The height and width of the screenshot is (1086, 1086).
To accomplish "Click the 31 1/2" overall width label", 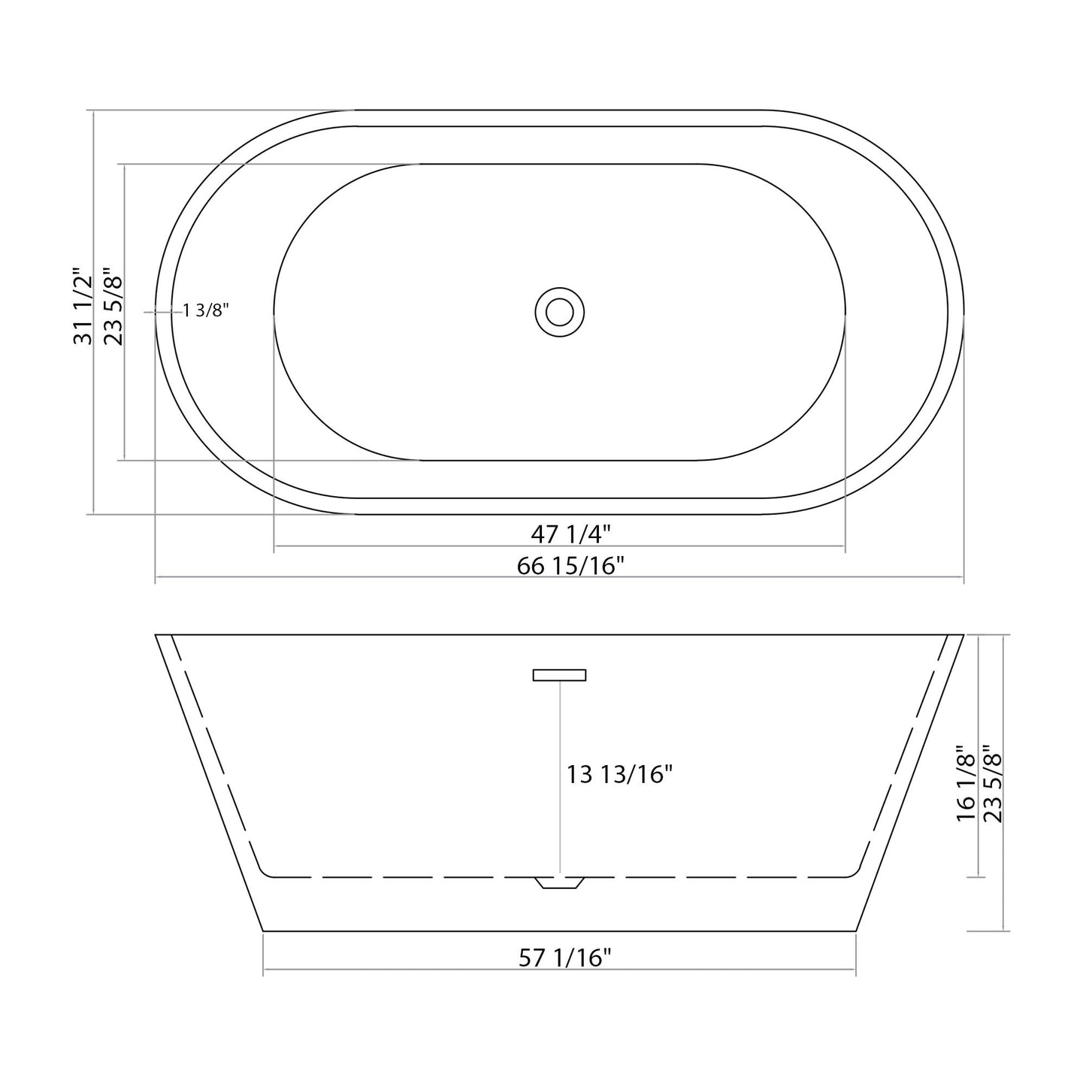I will (x=82, y=306).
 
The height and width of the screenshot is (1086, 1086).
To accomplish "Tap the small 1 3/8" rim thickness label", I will (x=205, y=310).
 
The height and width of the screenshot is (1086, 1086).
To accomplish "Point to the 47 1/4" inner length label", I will (x=570, y=534).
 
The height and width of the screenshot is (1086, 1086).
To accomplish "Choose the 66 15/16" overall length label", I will (x=570, y=565).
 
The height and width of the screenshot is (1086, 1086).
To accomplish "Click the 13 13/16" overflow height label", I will (x=619, y=774).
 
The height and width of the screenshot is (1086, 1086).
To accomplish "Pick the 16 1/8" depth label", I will (x=965, y=783).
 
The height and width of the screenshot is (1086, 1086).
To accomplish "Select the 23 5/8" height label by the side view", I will (x=993, y=783).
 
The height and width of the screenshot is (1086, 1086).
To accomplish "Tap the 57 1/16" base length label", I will (x=565, y=957).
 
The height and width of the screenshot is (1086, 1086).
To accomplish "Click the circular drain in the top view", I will (x=560, y=311).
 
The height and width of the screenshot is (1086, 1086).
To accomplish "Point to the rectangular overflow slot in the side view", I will (x=559, y=675).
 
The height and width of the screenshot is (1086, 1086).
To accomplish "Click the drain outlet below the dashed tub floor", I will (x=560, y=883).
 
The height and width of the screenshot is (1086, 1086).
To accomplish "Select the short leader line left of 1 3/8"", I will (x=162, y=311).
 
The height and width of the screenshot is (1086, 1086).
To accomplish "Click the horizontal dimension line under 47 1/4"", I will (x=560, y=546).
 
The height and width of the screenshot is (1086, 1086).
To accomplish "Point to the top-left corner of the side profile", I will (x=156, y=636).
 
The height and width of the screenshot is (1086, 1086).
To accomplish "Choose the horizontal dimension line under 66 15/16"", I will (x=560, y=578).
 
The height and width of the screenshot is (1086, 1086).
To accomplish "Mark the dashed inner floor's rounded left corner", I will (x=263, y=871).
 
